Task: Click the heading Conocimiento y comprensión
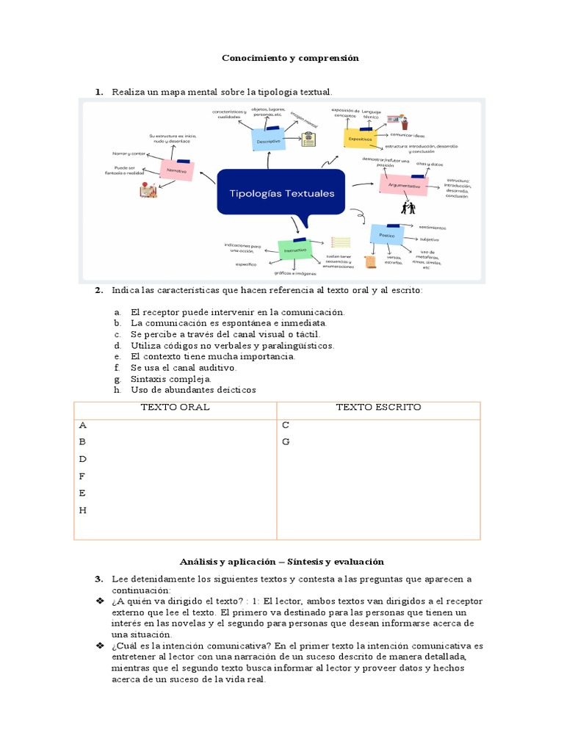(290, 58)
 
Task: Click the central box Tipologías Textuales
(282, 194)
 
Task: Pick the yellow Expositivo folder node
(359, 137)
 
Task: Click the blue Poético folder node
(386, 235)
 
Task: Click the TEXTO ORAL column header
(175, 407)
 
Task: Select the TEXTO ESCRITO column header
(378, 407)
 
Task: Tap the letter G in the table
(286, 442)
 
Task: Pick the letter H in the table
(83, 510)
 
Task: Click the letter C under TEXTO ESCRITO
(286, 425)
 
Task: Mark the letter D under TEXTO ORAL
(83, 459)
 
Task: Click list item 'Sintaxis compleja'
(170, 379)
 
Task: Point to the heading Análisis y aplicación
(281, 562)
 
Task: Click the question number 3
(98, 579)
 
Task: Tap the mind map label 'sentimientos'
(433, 228)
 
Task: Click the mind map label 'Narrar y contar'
(129, 153)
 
